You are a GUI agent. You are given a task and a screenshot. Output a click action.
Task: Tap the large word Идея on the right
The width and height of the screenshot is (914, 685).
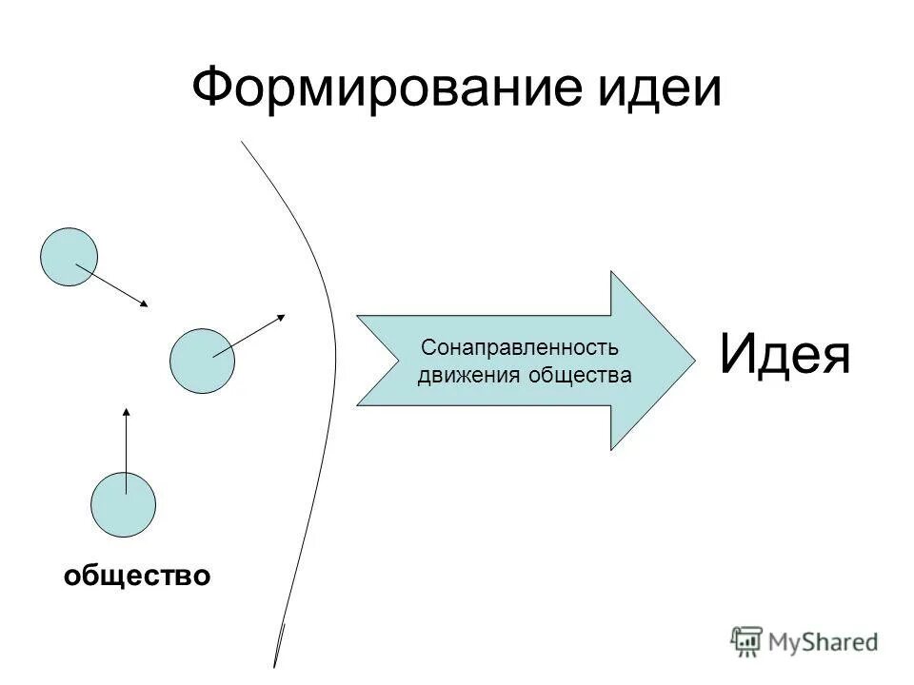784,354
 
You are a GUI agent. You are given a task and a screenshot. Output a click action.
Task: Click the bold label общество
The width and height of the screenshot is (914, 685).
137,575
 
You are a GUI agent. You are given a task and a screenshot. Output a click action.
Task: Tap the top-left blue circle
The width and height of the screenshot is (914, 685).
69,257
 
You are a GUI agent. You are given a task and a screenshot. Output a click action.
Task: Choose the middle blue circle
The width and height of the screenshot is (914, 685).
201,361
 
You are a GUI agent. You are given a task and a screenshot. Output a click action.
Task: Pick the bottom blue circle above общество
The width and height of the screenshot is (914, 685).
123,504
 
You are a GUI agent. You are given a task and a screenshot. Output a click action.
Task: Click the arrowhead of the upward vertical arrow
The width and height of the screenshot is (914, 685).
126,411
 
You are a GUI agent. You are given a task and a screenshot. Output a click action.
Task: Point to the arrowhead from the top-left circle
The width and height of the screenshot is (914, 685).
145,304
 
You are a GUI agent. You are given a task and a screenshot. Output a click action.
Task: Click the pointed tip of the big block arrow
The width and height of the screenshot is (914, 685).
693,360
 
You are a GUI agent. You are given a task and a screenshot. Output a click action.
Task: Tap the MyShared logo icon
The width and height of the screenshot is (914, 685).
747,641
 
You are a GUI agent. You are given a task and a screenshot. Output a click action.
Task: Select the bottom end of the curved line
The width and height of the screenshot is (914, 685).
275,664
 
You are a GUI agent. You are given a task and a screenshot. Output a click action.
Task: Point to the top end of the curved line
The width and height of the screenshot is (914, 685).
242,142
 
